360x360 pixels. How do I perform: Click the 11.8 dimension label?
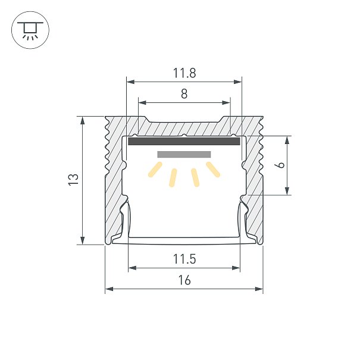(184, 73)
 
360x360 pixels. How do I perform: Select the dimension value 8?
(184, 94)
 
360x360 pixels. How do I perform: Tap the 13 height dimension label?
(74, 180)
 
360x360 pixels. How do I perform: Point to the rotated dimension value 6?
(281, 165)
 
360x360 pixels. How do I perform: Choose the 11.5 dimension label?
(184, 259)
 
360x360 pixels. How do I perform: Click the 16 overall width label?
(184, 280)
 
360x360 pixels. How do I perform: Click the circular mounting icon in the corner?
(30, 30)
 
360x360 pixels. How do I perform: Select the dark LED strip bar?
(184, 141)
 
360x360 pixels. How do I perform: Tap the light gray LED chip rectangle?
(184, 154)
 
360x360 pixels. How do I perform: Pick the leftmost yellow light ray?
(155, 170)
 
